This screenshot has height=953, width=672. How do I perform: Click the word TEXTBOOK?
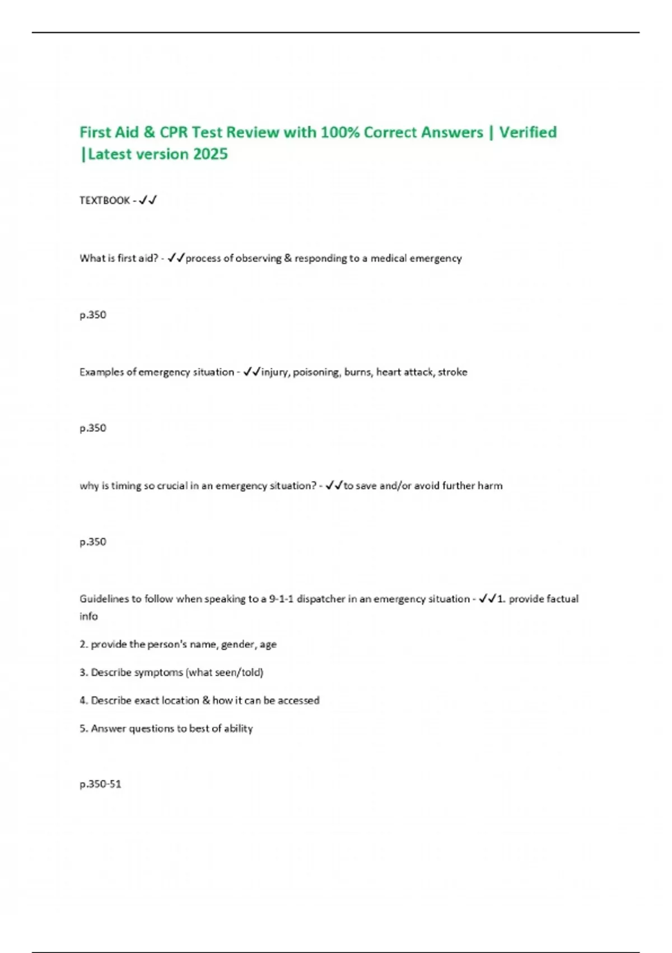[105, 200]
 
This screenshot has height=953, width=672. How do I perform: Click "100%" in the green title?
[339, 132]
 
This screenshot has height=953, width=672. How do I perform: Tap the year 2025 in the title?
[210, 154]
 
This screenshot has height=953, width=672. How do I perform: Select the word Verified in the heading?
[528, 132]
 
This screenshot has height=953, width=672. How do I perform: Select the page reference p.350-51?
[100, 784]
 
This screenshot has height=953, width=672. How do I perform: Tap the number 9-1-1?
[281, 599]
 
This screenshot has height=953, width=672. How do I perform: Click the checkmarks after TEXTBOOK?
[148, 200]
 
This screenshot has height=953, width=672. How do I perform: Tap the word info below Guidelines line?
[88, 616]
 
